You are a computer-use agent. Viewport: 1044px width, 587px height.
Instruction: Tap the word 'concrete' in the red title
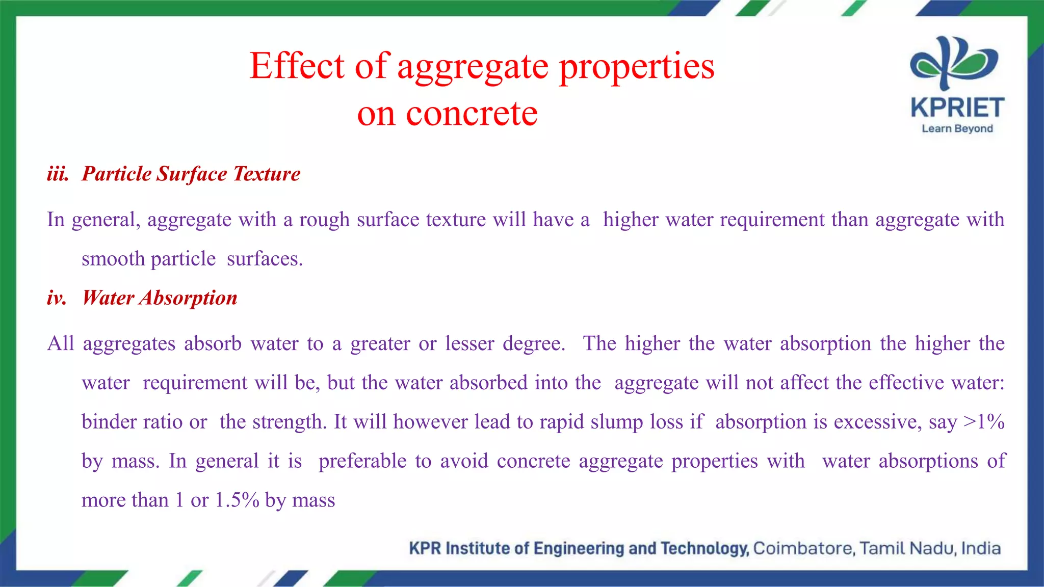[472, 113]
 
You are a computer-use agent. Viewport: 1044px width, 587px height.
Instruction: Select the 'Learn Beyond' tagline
[957, 128]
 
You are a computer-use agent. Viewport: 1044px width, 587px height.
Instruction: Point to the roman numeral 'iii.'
[58, 174]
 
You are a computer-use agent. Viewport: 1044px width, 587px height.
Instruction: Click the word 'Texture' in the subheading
[267, 174]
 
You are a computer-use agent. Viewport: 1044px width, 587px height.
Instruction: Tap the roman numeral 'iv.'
[57, 298]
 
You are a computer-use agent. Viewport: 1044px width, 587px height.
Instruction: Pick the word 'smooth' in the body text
[113, 259]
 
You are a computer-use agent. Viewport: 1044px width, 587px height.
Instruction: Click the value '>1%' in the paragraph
[984, 422]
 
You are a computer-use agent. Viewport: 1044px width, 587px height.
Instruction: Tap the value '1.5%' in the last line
[237, 500]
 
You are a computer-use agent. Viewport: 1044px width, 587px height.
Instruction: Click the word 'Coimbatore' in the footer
[803, 548]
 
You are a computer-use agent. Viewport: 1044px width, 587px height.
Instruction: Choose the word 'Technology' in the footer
[704, 548]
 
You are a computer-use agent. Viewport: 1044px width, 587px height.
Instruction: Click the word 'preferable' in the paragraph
[362, 461]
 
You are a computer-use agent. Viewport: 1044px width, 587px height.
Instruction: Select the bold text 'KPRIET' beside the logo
[957, 108]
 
